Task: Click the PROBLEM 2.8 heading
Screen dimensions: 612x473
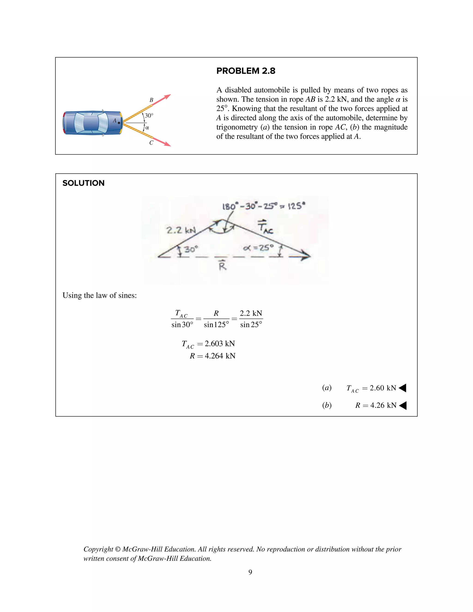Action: point(246,71)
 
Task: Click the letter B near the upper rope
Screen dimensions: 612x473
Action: point(151,100)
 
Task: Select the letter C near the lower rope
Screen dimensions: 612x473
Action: point(151,143)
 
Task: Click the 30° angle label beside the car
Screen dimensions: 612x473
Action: point(149,115)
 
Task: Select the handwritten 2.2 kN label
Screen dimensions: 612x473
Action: point(181,230)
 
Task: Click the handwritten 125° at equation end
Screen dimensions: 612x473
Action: point(297,206)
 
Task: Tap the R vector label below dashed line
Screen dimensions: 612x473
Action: point(222,265)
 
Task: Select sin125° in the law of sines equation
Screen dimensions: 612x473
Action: point(216,324)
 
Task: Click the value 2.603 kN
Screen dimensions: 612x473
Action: point(220,344)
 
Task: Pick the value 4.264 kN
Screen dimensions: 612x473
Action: point(220,356)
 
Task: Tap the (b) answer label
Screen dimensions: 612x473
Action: point(327,405)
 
